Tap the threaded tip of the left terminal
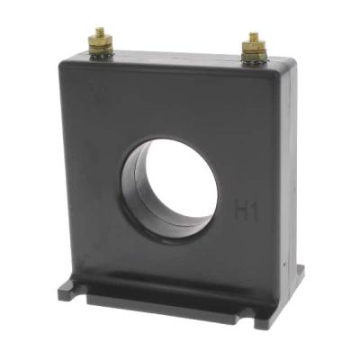pos(99,31)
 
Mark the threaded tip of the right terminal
pos(253,37)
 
